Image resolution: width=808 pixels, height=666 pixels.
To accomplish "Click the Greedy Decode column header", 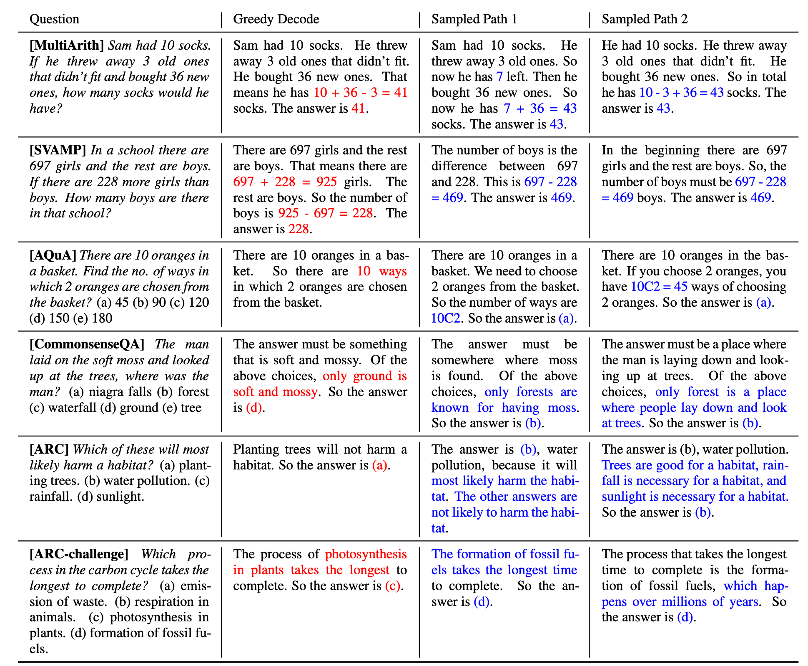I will [x=276, y=19].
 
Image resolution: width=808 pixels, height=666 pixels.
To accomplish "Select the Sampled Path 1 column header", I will [x=474, y=19].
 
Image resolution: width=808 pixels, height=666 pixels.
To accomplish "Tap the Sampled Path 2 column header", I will [x=645, y=19].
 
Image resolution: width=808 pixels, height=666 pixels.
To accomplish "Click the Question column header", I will [x=54, y=19].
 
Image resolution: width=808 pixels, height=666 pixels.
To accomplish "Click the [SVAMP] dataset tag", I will [x=58, y=150].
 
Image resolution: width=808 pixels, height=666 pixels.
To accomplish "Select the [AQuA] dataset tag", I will [x=53, y=255].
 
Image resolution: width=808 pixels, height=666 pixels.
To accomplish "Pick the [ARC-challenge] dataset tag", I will [x=79, y=554].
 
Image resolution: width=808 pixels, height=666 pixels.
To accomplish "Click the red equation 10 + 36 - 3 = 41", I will [x=360, y=93].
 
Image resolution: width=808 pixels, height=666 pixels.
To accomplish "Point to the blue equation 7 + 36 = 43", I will [x=540, y=108].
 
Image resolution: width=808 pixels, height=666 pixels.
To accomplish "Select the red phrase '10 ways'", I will [x=381, y=271].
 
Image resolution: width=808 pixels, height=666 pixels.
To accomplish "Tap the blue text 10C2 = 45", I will [x=659, y=287].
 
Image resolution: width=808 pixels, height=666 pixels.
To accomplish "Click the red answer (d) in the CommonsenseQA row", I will [x=254, y=408].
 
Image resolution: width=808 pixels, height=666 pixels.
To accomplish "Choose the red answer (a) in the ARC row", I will [x=379, y=465].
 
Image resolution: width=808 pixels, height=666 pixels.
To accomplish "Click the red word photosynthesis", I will [x=366, y=554].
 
